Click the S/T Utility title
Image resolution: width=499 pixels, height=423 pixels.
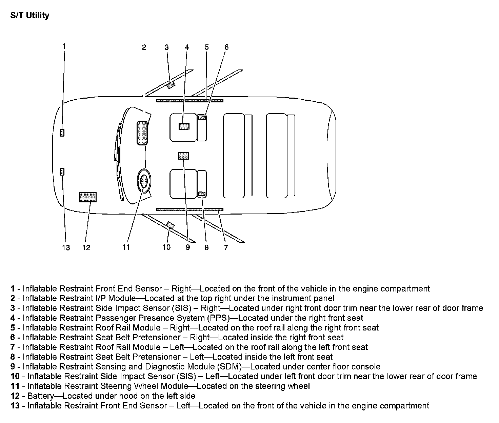pos(30,16)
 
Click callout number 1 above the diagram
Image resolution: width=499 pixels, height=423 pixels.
pos(64,46)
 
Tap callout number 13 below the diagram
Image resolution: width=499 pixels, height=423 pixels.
pos(66,247)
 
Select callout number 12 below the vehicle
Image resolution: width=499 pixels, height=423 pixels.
pos(86,247)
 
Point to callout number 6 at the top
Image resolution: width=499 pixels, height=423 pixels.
pos(226,47)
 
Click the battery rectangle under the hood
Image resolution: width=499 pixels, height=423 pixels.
pos(88,197)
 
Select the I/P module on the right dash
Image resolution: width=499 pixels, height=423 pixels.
pos(142,133)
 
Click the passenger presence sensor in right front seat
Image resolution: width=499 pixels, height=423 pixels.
pos(184,126)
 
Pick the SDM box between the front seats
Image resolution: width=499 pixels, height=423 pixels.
pos(183,156)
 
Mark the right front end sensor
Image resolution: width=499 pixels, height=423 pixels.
pos(62,133)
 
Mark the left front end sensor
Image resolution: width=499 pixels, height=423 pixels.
pos(62,172)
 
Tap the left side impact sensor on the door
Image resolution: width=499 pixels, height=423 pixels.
pos(171,225)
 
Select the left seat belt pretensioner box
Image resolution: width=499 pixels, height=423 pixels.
pos(202,194)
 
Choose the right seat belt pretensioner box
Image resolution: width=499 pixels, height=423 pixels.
pos(202,118)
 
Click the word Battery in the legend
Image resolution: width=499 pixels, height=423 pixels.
pos(40,396)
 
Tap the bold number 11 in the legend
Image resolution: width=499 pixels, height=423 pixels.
pos(15,386)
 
